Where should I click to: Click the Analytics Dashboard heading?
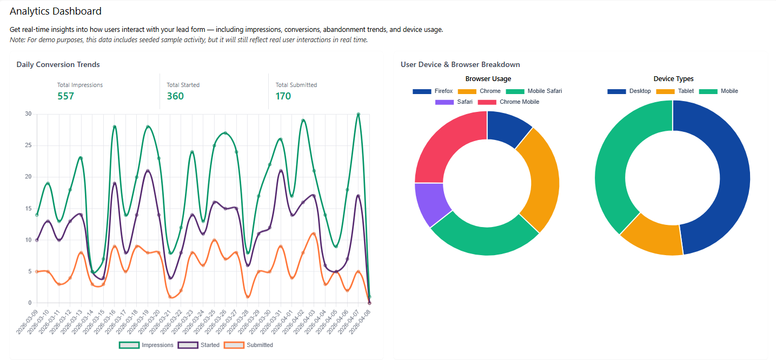[x=56, y=11]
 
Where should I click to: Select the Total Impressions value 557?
[x=65, y=96]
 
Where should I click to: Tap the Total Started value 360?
[x=175, y=96]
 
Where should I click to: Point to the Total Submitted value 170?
[x=283, y=96]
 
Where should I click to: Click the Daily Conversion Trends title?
[x=58, y=64]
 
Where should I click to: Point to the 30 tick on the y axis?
[x=28, y=114]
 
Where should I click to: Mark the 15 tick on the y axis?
[x=28, y=209]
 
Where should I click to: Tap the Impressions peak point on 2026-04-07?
[x=358, y=114]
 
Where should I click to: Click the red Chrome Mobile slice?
[x=446, y=143]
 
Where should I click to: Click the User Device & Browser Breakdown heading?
[x=460, y=64]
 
